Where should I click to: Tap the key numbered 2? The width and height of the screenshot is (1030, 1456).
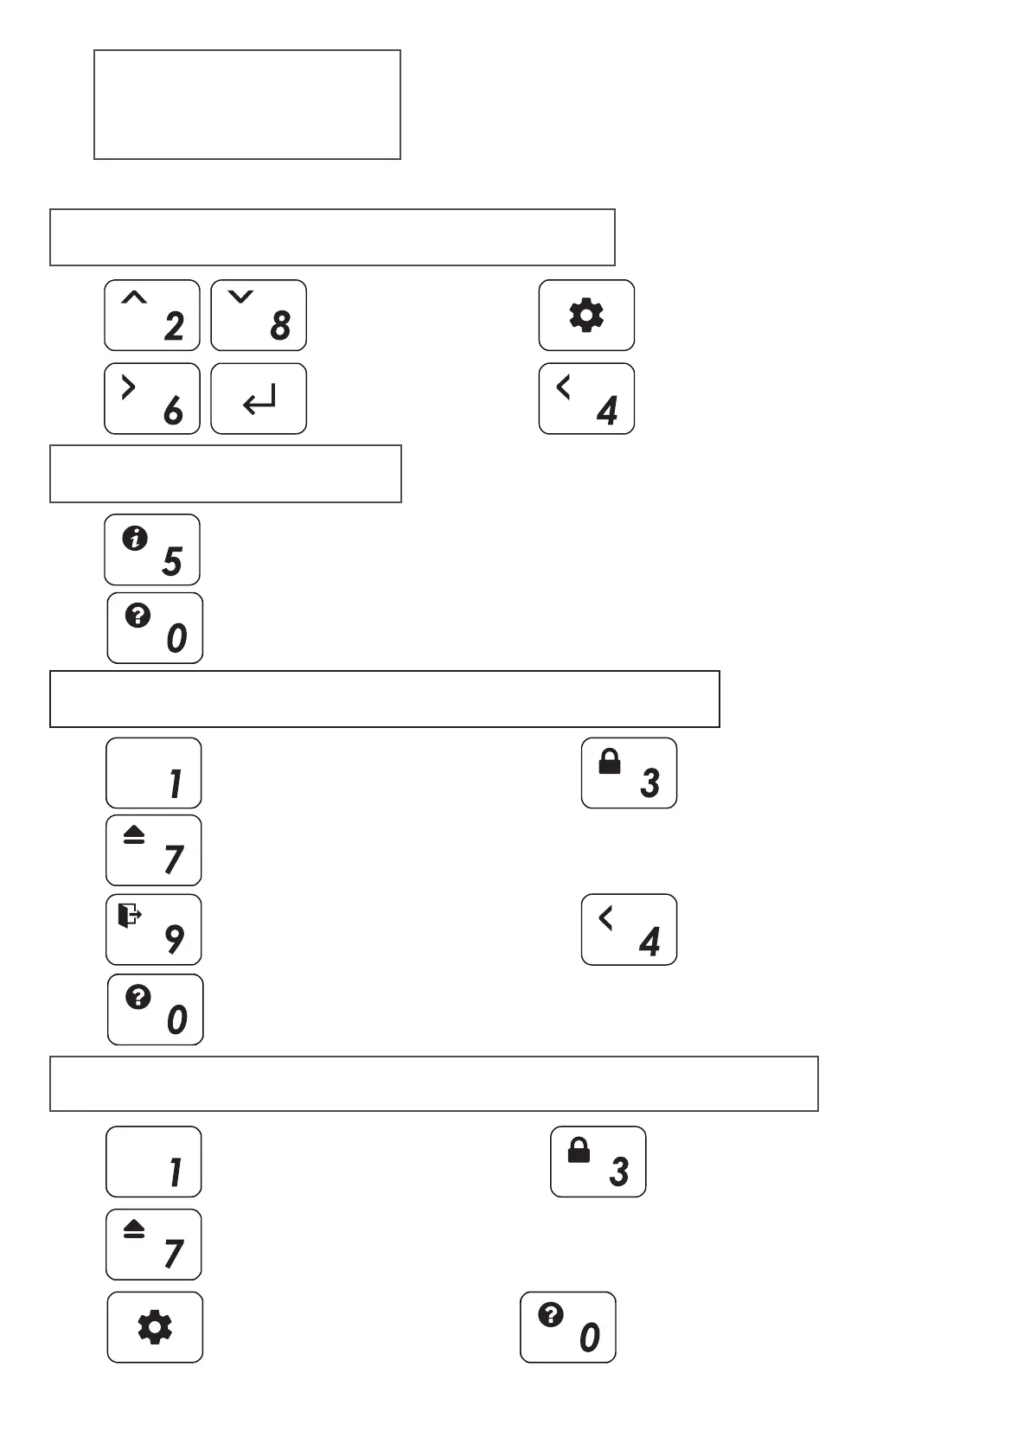(x=152, y=315)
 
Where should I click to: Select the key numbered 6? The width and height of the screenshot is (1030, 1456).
(x=152, y=399)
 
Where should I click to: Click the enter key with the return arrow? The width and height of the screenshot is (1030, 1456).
(x=259, y=399)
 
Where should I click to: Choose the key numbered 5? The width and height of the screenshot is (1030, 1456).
(x=152, y=550)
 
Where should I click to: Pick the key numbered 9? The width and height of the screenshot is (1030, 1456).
(x=154, y=929)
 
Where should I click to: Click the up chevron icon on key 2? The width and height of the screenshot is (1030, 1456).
(x=134, y=298)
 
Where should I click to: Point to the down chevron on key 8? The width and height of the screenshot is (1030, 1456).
(x=240, y=297)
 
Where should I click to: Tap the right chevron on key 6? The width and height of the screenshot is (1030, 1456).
(x=129, y=387)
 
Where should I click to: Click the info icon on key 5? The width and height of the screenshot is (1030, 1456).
(x=135, y=539)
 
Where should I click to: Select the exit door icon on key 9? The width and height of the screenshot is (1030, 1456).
(x=130, y=915)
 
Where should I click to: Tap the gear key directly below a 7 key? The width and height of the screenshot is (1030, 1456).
(x=155, y=1327)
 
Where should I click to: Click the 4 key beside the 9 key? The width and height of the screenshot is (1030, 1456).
(x=629, y=929)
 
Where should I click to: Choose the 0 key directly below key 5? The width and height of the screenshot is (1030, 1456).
(x=155, y=628)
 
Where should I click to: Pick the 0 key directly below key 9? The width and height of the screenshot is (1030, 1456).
(x=156, y=1010)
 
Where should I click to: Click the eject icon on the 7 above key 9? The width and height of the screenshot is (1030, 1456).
(x=134, y=835)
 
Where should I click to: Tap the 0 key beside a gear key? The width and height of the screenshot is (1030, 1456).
(x=568, y=1327)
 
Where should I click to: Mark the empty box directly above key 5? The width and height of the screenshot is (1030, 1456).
(x=226, y=474)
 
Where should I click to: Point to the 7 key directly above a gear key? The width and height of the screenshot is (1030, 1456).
(x=154, y=1244)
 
